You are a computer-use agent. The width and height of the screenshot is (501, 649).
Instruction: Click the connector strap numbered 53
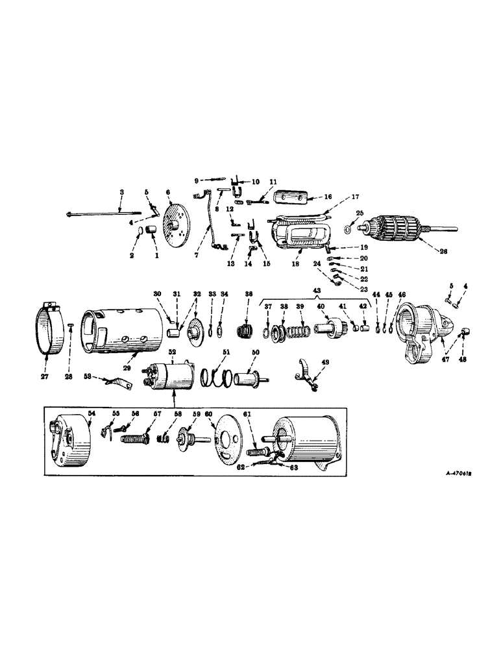tap(117, 384)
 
